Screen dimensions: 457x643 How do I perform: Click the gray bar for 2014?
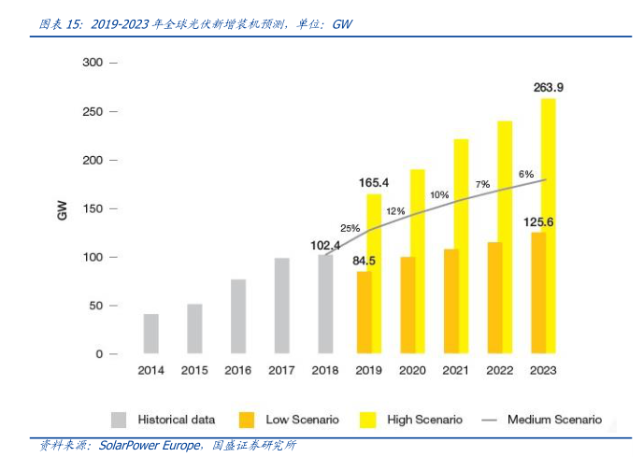point(150,334)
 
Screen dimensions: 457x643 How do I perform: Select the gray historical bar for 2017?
point(281,306)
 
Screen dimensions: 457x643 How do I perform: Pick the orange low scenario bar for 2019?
point(364,312)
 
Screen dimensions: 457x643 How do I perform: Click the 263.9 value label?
point(549,87)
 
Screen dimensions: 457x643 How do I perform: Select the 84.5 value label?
point(364,260)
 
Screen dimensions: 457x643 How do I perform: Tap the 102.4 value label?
point(325,245)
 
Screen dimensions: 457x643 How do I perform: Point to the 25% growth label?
point(350,228)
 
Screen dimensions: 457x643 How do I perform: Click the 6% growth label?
point(526,174)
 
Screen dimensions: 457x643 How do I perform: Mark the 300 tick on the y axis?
point(93,63)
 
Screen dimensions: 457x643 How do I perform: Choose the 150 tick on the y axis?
point(93,208)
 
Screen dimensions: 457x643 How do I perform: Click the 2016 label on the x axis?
point(238,371)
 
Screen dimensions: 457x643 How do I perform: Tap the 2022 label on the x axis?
point(500,371)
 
